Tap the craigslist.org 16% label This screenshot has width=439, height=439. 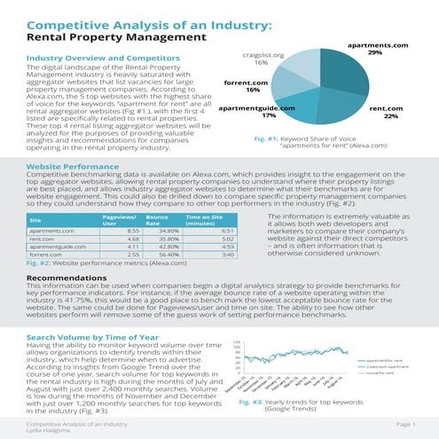point(262,59)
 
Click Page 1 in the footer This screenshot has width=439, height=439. point(403,424)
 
